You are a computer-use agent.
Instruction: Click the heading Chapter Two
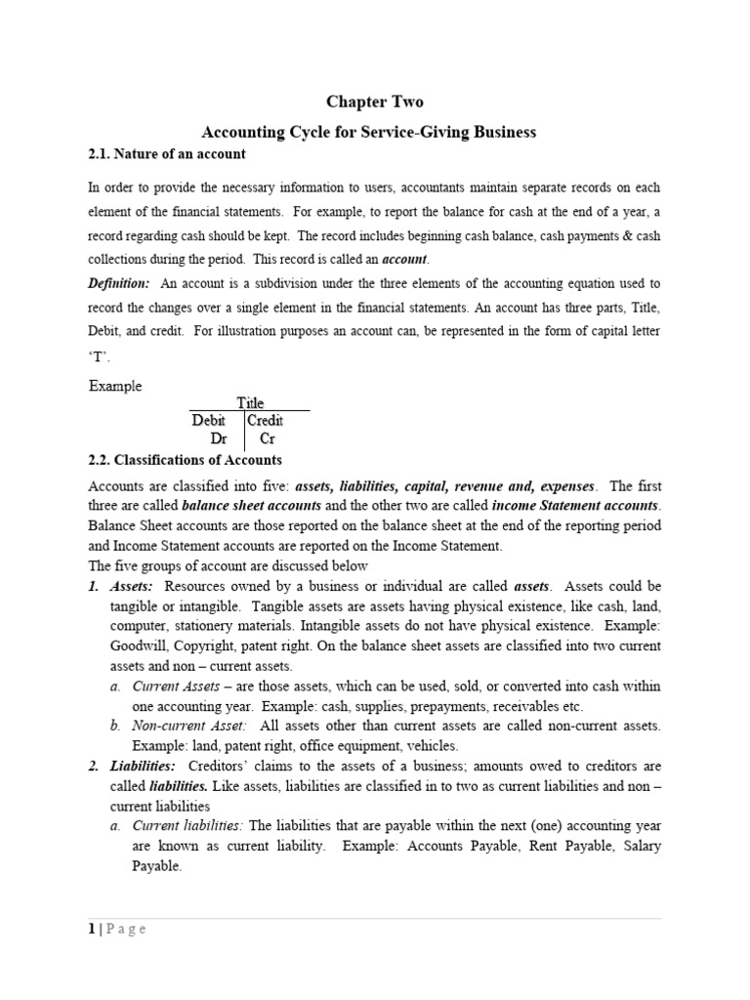pyautogui.click(x=375, y=102)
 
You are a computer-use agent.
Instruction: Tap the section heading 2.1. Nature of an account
pyautogui.click(x=167, y=154)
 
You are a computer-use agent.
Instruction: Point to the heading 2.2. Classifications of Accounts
pyautogui.click(x=185, y=459)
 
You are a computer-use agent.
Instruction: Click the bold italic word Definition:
pyautogui.click(x=119, y=283)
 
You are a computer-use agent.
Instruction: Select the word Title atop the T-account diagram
pyautogui.click(x=251, y=402)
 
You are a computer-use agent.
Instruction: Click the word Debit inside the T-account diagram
pyautogui.click(x=209, y=421)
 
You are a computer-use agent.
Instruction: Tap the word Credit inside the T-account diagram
pyautogui.click(x=266, y=421)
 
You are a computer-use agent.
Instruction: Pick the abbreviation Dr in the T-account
pyautogui.click(x=219, y=439)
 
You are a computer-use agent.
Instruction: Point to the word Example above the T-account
pyautogui.click(x=115, y=386)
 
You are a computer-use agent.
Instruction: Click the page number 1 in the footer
pyautogui.click(x=91, y=929)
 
